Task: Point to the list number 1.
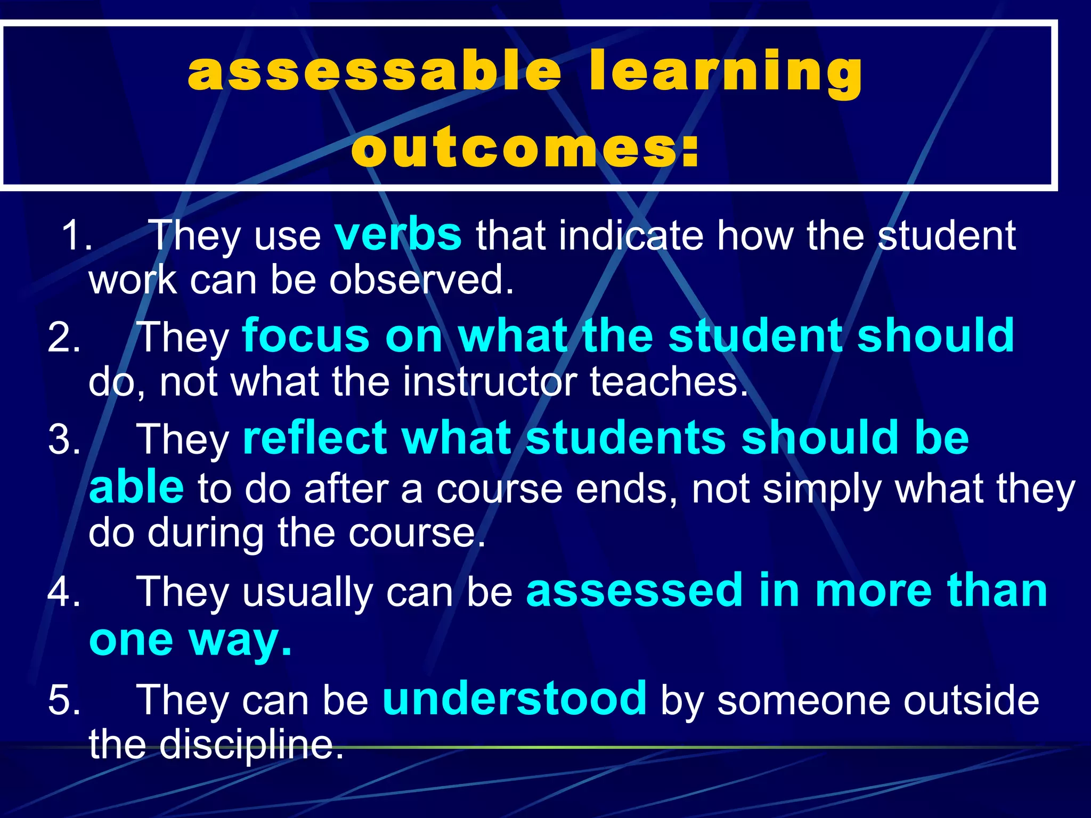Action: tap(76, 235)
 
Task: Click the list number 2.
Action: tap(64, 338)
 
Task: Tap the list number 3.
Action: tap(64, 440)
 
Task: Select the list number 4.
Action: tap(64, 592)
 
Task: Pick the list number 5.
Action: tap(64, 700)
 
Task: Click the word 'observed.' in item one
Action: tap(421, 280)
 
